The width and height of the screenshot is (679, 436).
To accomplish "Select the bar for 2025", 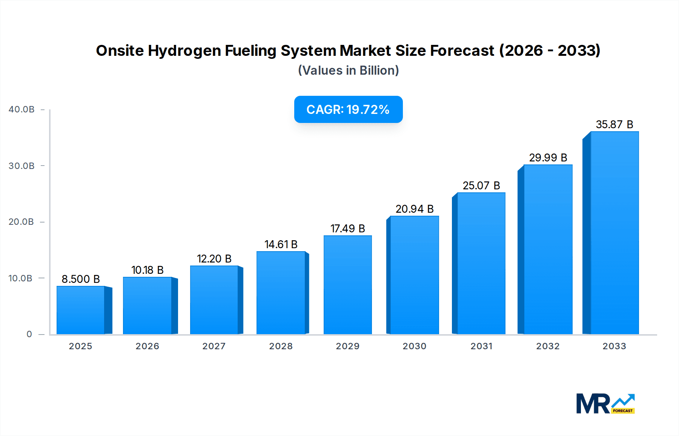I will click(81, 310).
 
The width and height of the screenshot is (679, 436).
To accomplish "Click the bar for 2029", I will click(348, 285).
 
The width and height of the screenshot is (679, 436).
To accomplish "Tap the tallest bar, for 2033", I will click(614, 233).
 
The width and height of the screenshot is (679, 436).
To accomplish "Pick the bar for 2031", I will click(481, 263).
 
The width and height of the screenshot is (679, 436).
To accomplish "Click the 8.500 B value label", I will click(81, 279).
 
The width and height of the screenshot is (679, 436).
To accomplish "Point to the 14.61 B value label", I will click(281, 244).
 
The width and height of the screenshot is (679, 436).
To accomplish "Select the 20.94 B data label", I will click(415, 209).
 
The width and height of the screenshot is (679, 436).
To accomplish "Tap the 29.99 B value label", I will click(548, 158).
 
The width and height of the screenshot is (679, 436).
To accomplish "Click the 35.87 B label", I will click(614, 124).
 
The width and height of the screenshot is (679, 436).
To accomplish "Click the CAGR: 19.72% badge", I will click(348, 109).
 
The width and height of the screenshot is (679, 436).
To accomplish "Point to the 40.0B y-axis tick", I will click(22, 109).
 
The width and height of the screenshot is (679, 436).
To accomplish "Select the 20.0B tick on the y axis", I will click(22, 222).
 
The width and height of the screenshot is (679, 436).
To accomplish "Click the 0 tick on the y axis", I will click(29, 334).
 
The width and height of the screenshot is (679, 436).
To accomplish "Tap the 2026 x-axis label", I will click(147, 346).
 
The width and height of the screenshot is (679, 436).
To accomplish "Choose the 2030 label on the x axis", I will click(414, 346).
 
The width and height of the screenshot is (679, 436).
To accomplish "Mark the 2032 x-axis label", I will click(548, 346).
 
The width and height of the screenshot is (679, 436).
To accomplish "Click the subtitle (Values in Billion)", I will click(348, 71).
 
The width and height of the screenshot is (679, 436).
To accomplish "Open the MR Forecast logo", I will click(605, 404).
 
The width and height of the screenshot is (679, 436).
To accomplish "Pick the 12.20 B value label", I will click(214, 259).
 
